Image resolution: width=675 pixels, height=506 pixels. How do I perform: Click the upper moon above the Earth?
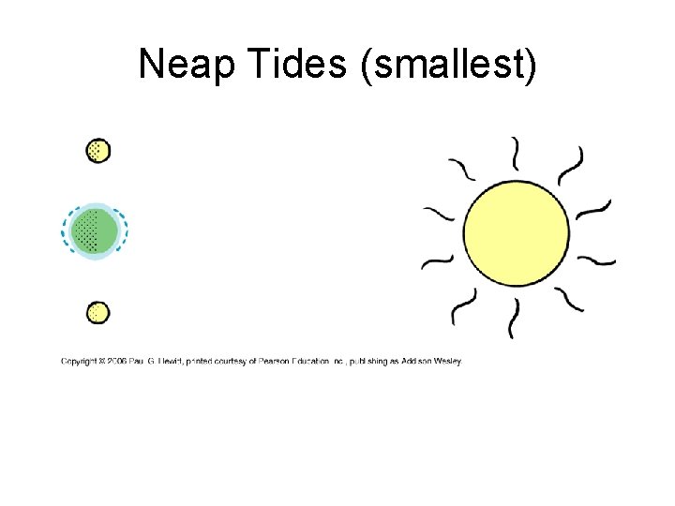(97, 150)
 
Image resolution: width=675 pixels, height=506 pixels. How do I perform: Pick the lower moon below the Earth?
(97, 312)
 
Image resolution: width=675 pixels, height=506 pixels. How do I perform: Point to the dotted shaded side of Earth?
(85, 231)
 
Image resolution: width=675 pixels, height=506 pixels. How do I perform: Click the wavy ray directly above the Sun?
(515, 153)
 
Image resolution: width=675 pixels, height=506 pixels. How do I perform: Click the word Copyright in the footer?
(81, 361)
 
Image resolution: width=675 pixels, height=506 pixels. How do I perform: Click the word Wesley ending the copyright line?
(450, 361)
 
